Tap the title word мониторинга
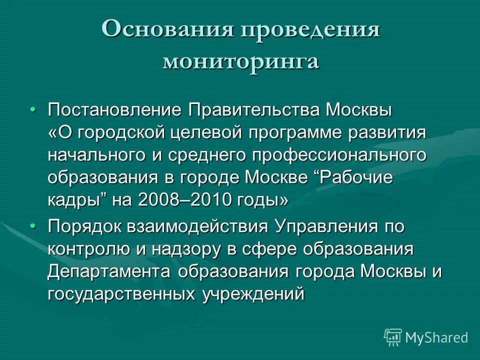tap(240, 61)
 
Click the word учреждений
tap(253, 293)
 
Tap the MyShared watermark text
tap(436, 337)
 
